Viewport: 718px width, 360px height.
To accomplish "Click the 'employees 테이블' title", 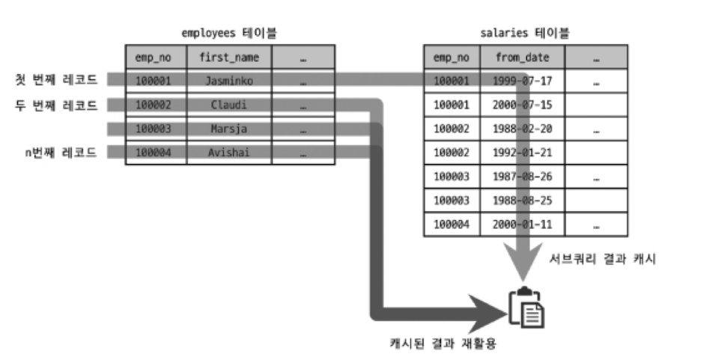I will (225, 33).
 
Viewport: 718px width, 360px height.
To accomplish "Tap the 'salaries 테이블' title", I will (524, 33).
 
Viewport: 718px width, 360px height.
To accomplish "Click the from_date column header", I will (522, 57).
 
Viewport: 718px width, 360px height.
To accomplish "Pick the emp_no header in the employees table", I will (153, 57).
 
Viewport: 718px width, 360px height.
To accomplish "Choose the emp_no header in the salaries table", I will (451, 57).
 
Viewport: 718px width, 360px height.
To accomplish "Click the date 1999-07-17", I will (522, 80).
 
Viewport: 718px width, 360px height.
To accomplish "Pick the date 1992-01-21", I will (522, 153).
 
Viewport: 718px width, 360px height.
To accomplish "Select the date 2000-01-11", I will (522, 224).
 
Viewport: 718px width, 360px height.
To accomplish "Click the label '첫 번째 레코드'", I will (57, 79).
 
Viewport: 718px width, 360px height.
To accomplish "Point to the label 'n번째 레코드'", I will (61, 153).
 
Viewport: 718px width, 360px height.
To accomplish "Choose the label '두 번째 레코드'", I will (57, 105).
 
